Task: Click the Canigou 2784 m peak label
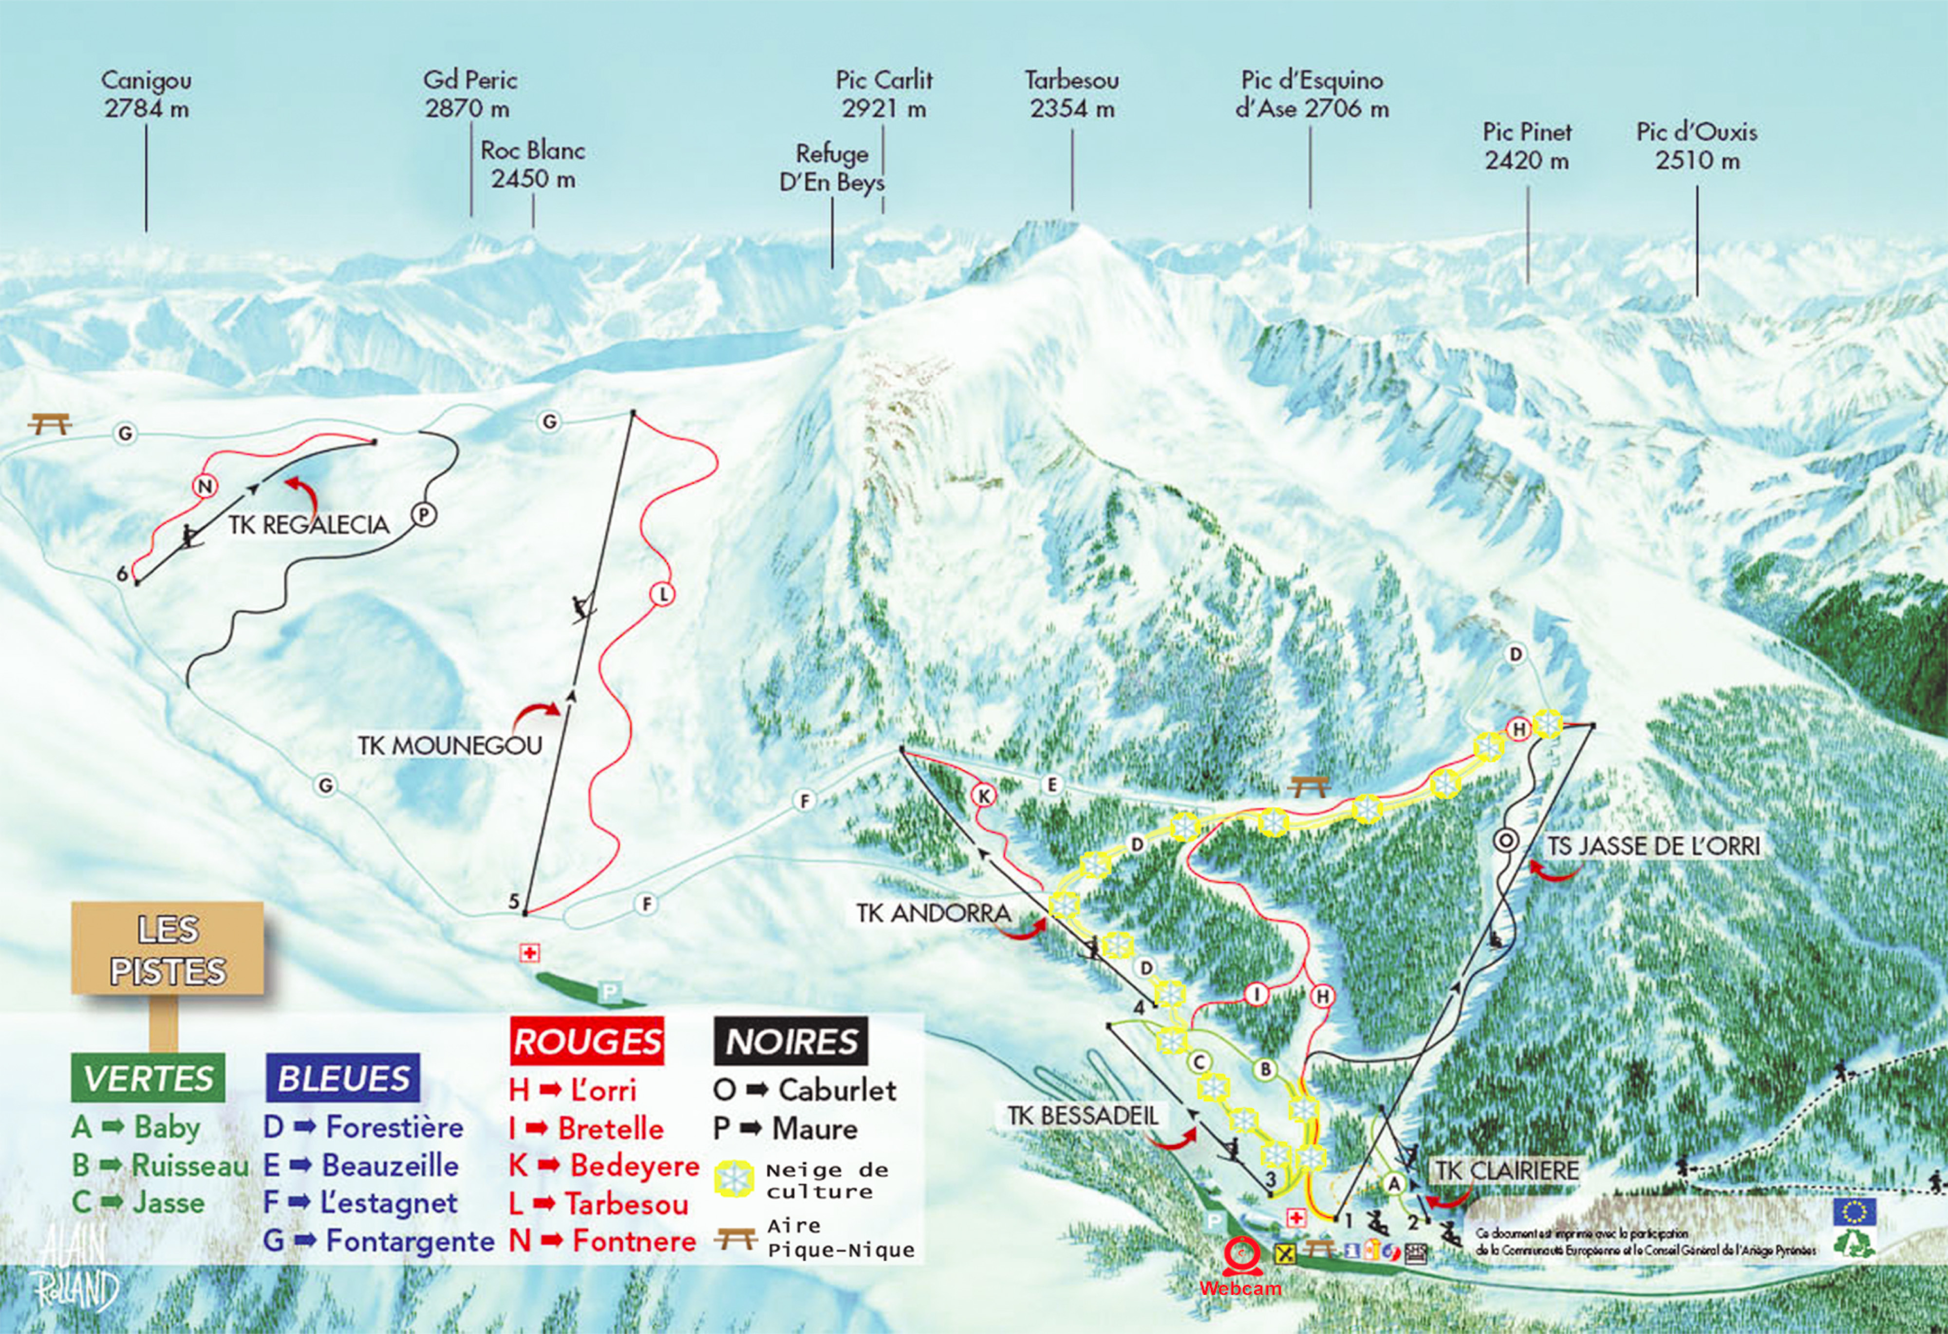click(147, 94)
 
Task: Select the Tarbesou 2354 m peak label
click(1071, 94)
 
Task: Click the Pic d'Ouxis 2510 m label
click(1697, 146)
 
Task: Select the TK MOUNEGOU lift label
click(450, 745)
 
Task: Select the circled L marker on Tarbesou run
click(663, 594)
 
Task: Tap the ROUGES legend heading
click(587, 1041)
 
